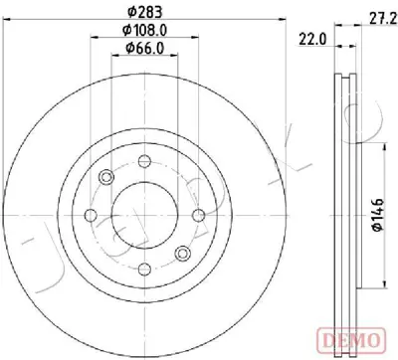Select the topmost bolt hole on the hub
(145, 160)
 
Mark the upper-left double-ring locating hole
(106, 177)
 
